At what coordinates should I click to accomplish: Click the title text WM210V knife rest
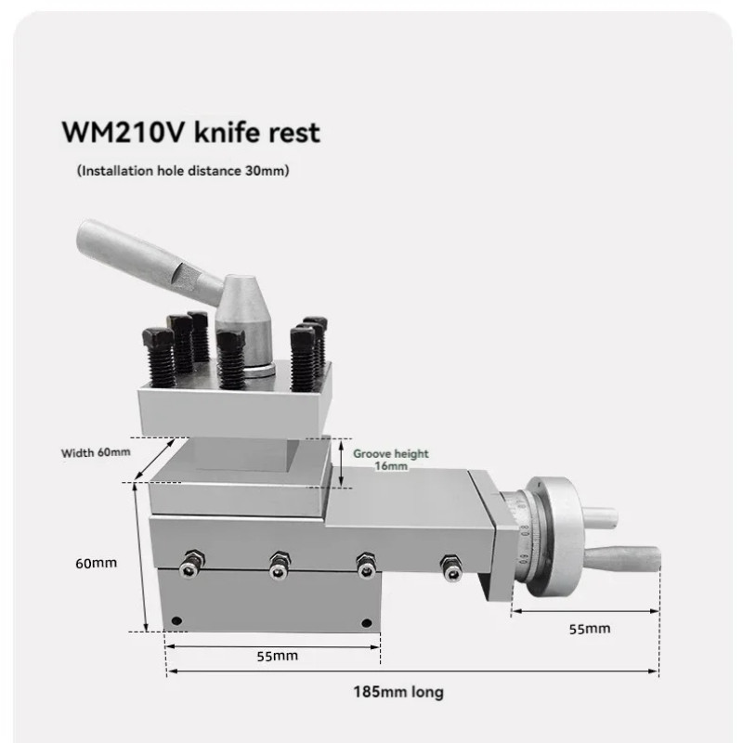190,132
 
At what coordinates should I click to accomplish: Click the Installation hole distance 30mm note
182,171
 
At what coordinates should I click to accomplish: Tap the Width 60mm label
96,452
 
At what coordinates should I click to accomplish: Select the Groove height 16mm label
391,460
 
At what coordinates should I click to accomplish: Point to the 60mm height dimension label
96,563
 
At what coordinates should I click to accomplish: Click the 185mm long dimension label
398,692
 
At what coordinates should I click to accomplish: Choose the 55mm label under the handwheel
590,628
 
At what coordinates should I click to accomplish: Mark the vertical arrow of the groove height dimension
341,462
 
